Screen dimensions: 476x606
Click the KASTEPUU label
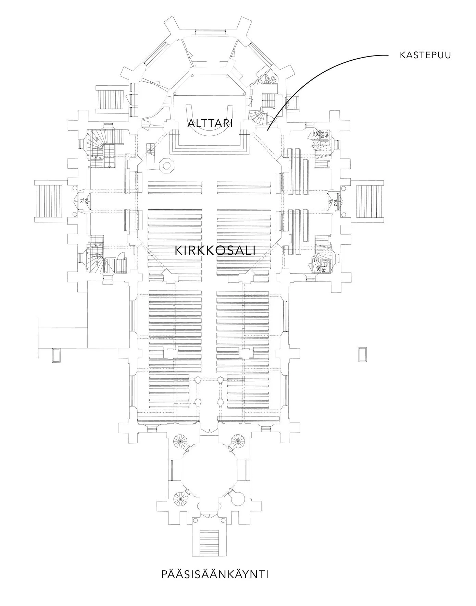coord(425,55)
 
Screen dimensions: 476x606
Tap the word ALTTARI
coord(210,123)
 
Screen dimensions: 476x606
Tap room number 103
coord(322,134)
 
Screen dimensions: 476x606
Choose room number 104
coord(322,267)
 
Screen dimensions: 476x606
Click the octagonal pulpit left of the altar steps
coord(167,165)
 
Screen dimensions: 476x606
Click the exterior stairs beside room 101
coord(49,202)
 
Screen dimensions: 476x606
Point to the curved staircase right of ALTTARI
coord(258,118)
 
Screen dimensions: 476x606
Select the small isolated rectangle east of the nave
coord(362,354)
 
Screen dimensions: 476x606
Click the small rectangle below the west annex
coord(56,355)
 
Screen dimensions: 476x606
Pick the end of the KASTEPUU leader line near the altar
coord(268,130)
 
